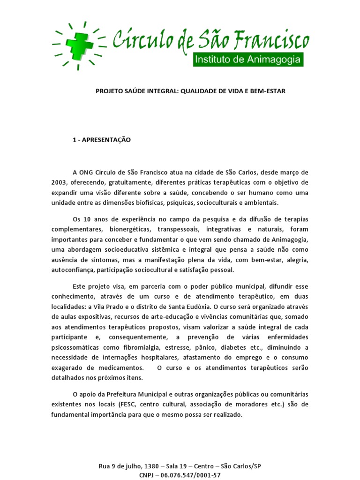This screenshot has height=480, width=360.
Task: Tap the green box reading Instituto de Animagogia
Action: (249, 60)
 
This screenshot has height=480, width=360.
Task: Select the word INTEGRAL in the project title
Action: (162, 91)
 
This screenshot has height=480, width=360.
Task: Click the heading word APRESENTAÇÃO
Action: (107, 140)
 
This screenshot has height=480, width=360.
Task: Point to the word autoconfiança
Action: (72, 270)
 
